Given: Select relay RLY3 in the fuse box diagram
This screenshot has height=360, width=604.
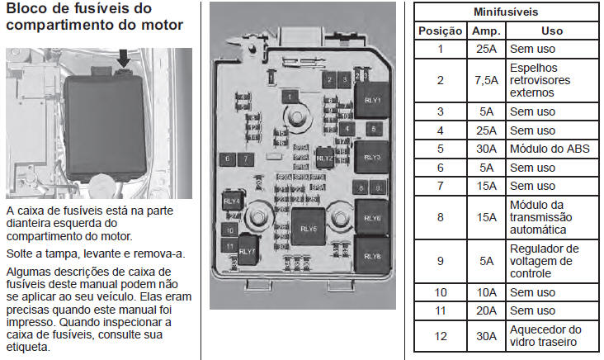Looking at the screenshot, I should click(x=371, y=156).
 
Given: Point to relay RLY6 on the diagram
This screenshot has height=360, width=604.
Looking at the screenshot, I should click(x=372, y=219).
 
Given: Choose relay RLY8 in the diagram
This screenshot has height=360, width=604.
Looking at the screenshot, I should click(x=372, y=256).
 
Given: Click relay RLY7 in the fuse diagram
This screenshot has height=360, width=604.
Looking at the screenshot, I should click(x=248, y=249).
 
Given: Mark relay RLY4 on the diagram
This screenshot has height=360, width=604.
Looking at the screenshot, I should click(x=232, y=201).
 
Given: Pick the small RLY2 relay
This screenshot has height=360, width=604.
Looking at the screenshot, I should click(x=324, y=158).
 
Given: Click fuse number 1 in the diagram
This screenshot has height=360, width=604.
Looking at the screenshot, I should click(x=290, y=96).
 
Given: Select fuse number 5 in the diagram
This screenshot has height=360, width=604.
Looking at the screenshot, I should click(x=374, y=129).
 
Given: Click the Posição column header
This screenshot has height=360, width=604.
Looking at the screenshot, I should click(x=441, y=31).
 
